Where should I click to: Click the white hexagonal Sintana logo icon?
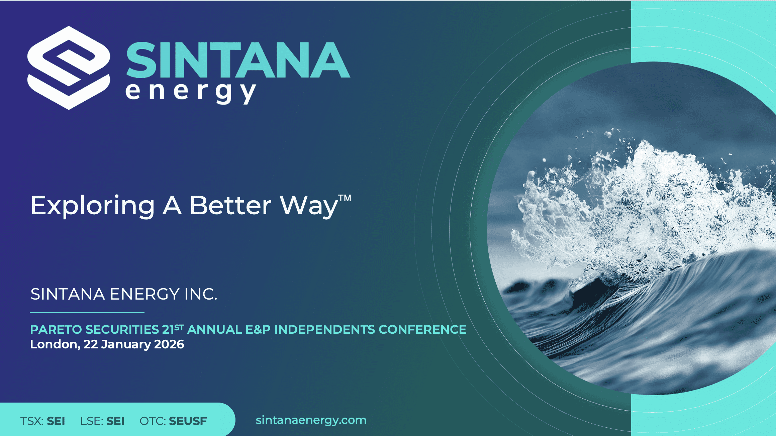tap(69, 68)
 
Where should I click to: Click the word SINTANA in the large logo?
tap(238, 60)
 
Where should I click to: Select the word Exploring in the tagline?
tap(92, 206)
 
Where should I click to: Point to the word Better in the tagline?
tap(230, 205)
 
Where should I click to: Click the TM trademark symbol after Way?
tap(345, 198)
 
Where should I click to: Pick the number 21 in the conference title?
tap(168, 330)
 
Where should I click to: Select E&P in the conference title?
tap(258, 330)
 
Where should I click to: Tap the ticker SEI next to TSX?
tap(56, 421)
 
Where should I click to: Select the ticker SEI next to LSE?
tap(115, 421)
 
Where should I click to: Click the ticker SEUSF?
tap(188, 421)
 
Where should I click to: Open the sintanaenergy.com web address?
tap(311, 420)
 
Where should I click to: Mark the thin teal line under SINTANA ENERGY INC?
tap(87, 312)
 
